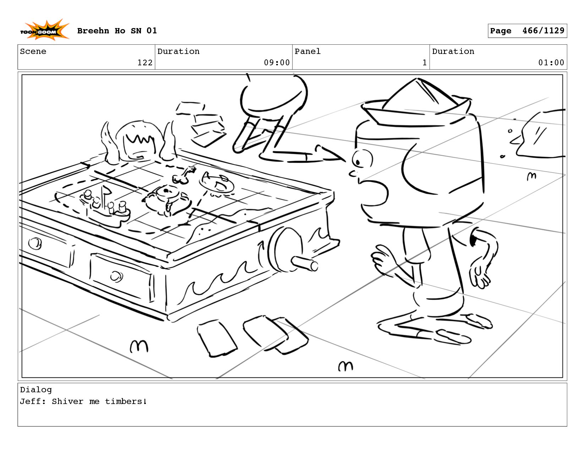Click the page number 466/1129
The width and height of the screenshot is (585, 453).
(543, 31)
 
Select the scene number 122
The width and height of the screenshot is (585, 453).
(145, 63)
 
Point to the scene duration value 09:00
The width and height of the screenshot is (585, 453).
(277, 63)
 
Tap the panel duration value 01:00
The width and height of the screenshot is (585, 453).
(551, 63)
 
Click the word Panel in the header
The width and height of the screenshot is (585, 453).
(307, 51)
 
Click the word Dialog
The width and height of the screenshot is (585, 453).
(36, 390)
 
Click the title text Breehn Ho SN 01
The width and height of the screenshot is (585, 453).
(117, 31)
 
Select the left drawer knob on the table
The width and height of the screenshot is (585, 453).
(35, 243)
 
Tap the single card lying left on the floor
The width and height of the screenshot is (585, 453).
(217, 338)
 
